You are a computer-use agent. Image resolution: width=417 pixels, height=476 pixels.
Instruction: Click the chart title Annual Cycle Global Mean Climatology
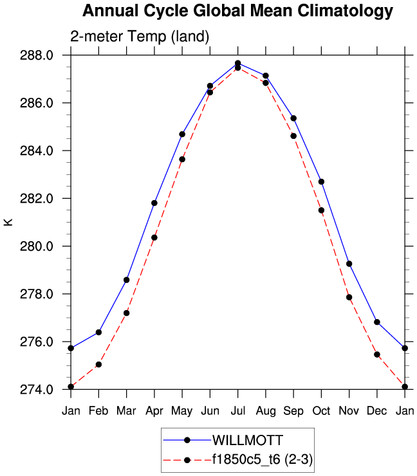point(237,12)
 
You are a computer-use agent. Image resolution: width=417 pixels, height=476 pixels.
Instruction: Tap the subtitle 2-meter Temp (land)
point(140,37)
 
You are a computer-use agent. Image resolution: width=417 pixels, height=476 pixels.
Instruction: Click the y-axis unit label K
point(8,222)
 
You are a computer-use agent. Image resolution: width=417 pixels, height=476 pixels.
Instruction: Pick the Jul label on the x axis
point(237,410)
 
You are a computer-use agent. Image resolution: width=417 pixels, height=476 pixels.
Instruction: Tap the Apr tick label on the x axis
point(154,410)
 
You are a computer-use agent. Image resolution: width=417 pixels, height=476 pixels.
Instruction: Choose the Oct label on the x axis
point(321,410)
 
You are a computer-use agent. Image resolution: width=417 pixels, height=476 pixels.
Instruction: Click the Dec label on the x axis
point(377,410)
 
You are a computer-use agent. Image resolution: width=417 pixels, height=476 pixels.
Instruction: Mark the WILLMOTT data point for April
point(154,203)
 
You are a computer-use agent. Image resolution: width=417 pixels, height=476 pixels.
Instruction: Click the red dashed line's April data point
point(154,237)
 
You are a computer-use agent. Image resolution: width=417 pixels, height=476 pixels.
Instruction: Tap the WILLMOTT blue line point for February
point(98,332)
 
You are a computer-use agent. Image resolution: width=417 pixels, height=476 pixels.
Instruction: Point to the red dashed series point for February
point(98,365)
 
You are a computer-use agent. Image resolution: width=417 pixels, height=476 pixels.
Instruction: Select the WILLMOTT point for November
point(349,264)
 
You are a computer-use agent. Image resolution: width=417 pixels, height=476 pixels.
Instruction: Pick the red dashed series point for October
point(321,210)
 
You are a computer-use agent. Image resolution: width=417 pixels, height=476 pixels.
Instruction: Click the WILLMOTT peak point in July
point(237,63)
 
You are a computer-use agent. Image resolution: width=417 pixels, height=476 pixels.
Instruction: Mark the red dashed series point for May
point(182,159)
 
